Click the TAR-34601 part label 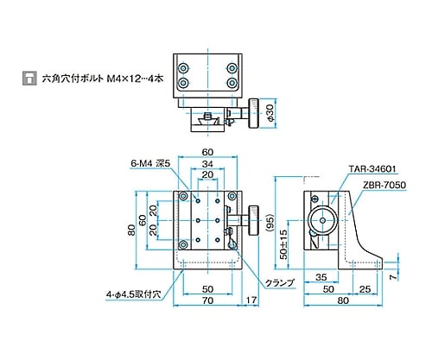pos(372,169)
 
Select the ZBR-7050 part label pos(384,185)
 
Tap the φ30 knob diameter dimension pos(270,113)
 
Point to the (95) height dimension pos(270,223)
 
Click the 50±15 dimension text pos(283,244)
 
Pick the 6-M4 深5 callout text pos(150,163)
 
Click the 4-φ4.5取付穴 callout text pos(133,294)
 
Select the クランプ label pos(280,283)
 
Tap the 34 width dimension pos(207,164)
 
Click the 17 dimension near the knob pos(251,300)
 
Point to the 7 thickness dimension pos(393,277)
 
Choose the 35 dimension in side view pos(321,277)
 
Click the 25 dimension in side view pos(365,289)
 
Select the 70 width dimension pos(207,300)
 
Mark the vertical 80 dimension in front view pos(131,231)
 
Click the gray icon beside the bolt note pos(29,78)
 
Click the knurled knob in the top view pos(253,113)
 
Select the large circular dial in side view pos(322,221)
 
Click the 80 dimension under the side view pos(343,300)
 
